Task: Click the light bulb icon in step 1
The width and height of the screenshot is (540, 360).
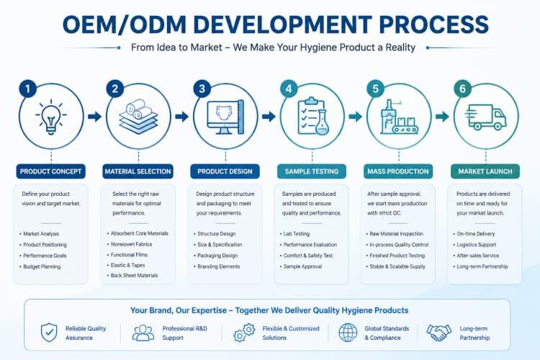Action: (x=51, y=117)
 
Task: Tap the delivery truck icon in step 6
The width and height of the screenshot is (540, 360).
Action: (x=485, y=117)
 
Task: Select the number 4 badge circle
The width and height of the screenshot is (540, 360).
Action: (x=289, y=89)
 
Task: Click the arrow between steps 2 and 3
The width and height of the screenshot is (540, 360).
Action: (x=182, y=117)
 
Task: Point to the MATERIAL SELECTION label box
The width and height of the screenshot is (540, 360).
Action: (x=138, y=171)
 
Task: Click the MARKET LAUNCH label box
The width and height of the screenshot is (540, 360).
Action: (x=485, y=171)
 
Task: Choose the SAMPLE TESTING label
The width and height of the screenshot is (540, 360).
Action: (x=312, y=171)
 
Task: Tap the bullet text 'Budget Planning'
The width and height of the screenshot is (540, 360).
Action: (x=42, y=266)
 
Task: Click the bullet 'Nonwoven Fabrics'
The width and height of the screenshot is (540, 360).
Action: (x=131, y=244)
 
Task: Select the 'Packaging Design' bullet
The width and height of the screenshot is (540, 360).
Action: (x=217, y=256)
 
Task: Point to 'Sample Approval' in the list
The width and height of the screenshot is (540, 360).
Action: (x=302, y=266)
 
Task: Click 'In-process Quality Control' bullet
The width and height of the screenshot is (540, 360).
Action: (x=399, y=245)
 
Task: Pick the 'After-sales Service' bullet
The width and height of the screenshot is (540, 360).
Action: (x=477, y=256)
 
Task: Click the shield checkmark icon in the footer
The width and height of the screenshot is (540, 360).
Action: (x=49, y=333)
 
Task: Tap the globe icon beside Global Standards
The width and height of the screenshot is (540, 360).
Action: (x=348, y=333)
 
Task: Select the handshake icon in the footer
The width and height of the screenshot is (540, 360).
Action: (x=438, y=333)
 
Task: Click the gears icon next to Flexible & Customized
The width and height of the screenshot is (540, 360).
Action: (x=244, y=333)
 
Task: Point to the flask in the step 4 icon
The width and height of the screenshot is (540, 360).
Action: (x=322, y=122)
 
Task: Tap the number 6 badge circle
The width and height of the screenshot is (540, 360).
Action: (x=462, y=89)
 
